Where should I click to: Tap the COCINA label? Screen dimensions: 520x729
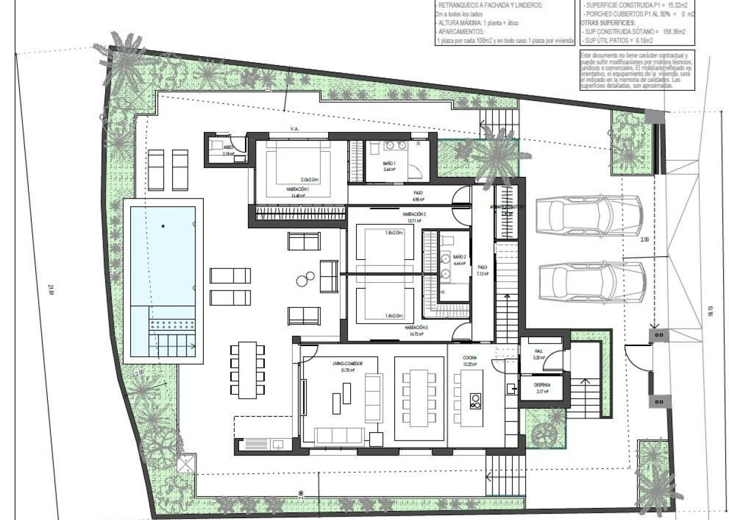click(x=469, y=357)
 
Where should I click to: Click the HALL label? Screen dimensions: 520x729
click(x=538, y=351)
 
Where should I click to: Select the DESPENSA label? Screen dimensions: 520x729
click(x=542, y=386)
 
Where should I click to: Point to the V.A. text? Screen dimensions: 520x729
click(x=294, y=129)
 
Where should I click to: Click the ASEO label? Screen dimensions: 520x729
click(x=228, y=147)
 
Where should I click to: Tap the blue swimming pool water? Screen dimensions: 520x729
click(x=160, y=254)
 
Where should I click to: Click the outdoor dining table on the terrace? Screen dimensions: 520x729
click(x=246, y=371)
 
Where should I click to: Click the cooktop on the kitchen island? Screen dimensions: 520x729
click(x=476, y=400)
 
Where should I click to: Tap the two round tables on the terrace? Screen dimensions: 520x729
click(x=308, y=277)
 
